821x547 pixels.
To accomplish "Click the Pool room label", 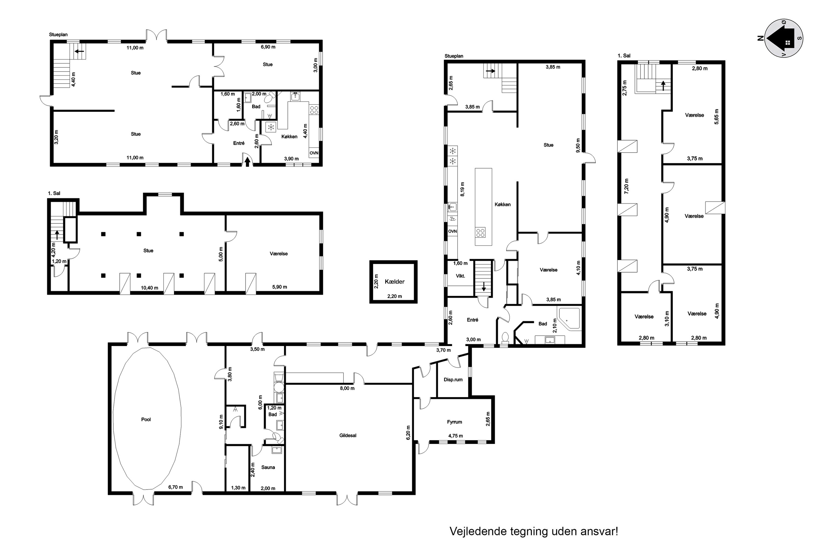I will point(146,419).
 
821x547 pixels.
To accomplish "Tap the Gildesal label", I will point(348,435).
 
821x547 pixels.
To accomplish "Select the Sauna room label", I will point(268,467).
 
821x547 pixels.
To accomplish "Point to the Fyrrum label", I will point(455,422).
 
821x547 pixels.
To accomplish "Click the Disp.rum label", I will point(453,380).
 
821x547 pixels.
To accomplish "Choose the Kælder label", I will point(394,281).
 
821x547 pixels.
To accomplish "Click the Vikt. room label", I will point(460,276).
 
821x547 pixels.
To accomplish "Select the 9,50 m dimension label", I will point(578,146).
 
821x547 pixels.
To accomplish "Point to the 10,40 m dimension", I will point(149,288).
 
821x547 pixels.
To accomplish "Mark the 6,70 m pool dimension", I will point(176,487).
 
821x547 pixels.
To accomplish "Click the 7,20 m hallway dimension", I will point(626,186).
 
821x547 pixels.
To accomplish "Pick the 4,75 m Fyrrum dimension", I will point(456,436).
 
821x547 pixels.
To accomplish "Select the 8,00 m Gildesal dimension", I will point(347,388).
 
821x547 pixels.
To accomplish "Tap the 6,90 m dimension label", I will point(268,47).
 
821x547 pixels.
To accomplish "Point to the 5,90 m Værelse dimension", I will point(280,287).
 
